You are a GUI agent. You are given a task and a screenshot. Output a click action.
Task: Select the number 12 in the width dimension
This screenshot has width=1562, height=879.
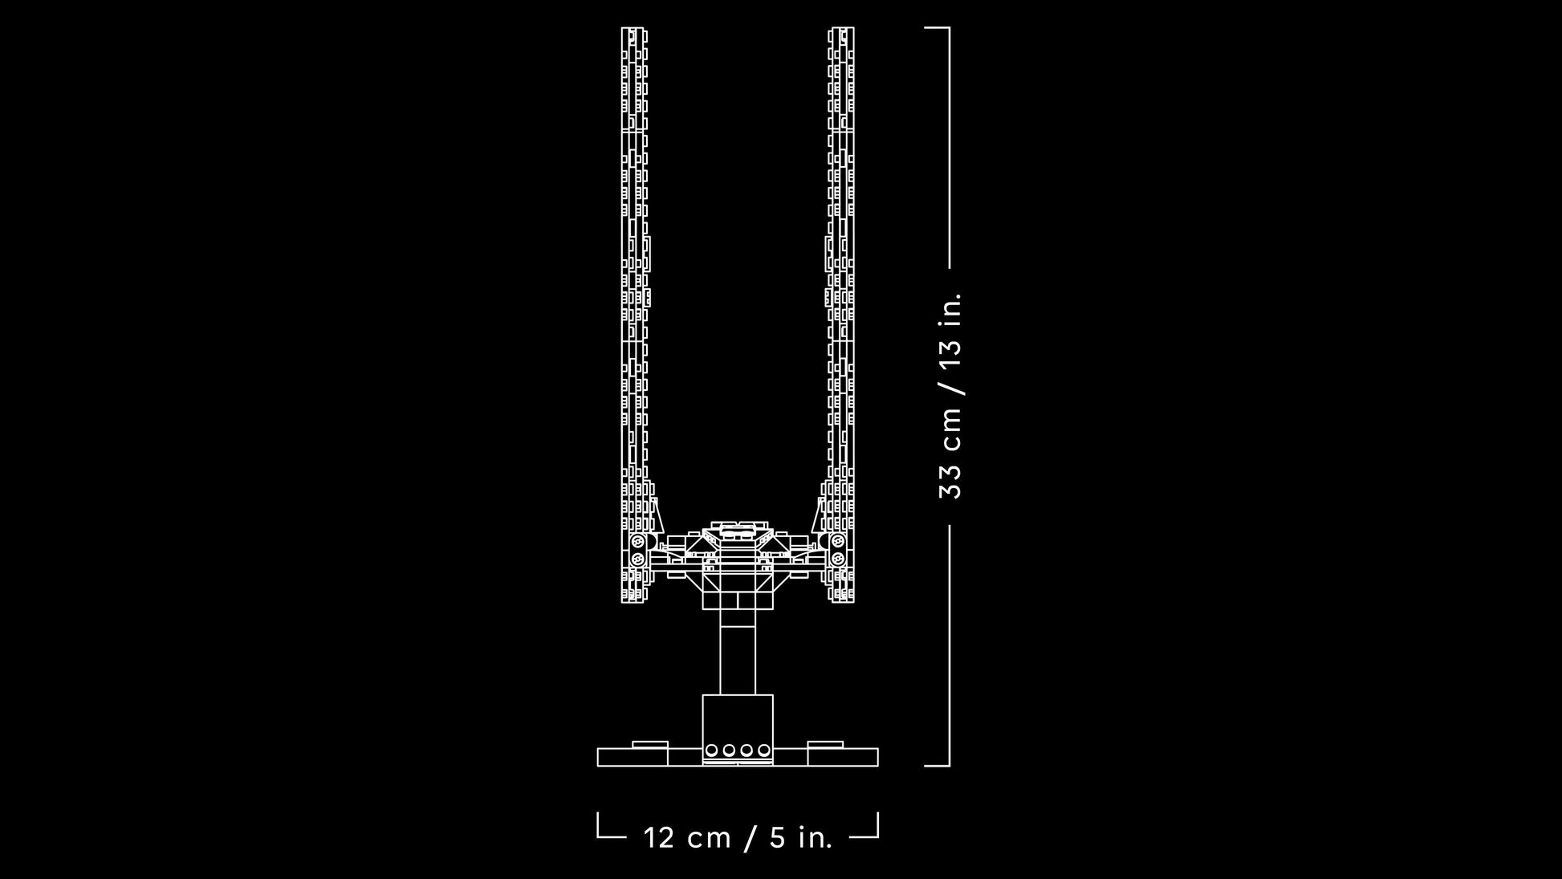pos(659,837)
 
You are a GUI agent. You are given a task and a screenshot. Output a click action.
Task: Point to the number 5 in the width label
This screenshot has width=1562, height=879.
pos(777,837)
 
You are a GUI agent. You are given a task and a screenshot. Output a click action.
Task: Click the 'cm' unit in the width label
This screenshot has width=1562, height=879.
pos(710,840)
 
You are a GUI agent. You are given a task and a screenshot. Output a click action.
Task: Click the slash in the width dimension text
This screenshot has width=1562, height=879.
pos(750,837)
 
